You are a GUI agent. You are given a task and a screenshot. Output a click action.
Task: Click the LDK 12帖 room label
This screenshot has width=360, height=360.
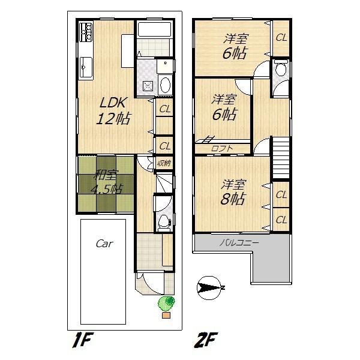(x=113, y=110)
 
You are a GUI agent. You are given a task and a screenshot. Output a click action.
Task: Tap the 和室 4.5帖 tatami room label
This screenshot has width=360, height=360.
(x=106, y=182)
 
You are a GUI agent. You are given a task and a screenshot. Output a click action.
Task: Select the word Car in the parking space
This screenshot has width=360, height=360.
(x=105, y=244)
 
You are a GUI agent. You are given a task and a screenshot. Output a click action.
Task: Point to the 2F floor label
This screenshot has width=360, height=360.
(x=205, y=342)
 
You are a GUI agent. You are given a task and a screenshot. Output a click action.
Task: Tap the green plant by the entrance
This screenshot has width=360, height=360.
(x=166, y=303)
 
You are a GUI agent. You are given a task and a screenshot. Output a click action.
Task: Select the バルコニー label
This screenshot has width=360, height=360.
(x=239, y=243)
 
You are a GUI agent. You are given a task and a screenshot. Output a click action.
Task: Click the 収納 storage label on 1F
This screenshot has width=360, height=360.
(x=164, y=162)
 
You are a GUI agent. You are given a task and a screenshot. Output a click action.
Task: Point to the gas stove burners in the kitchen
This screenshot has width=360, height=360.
(x=85, y=31)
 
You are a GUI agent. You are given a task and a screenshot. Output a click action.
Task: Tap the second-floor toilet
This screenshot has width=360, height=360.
(x=280, y=71)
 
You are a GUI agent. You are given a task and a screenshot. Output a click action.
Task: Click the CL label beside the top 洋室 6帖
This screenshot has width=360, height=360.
(x=281, y=37)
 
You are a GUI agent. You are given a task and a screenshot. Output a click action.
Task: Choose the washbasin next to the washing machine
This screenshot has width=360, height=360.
(x=166, y=84)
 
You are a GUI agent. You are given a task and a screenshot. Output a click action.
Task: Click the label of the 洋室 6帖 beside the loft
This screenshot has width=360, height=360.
(x=224, y=107)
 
